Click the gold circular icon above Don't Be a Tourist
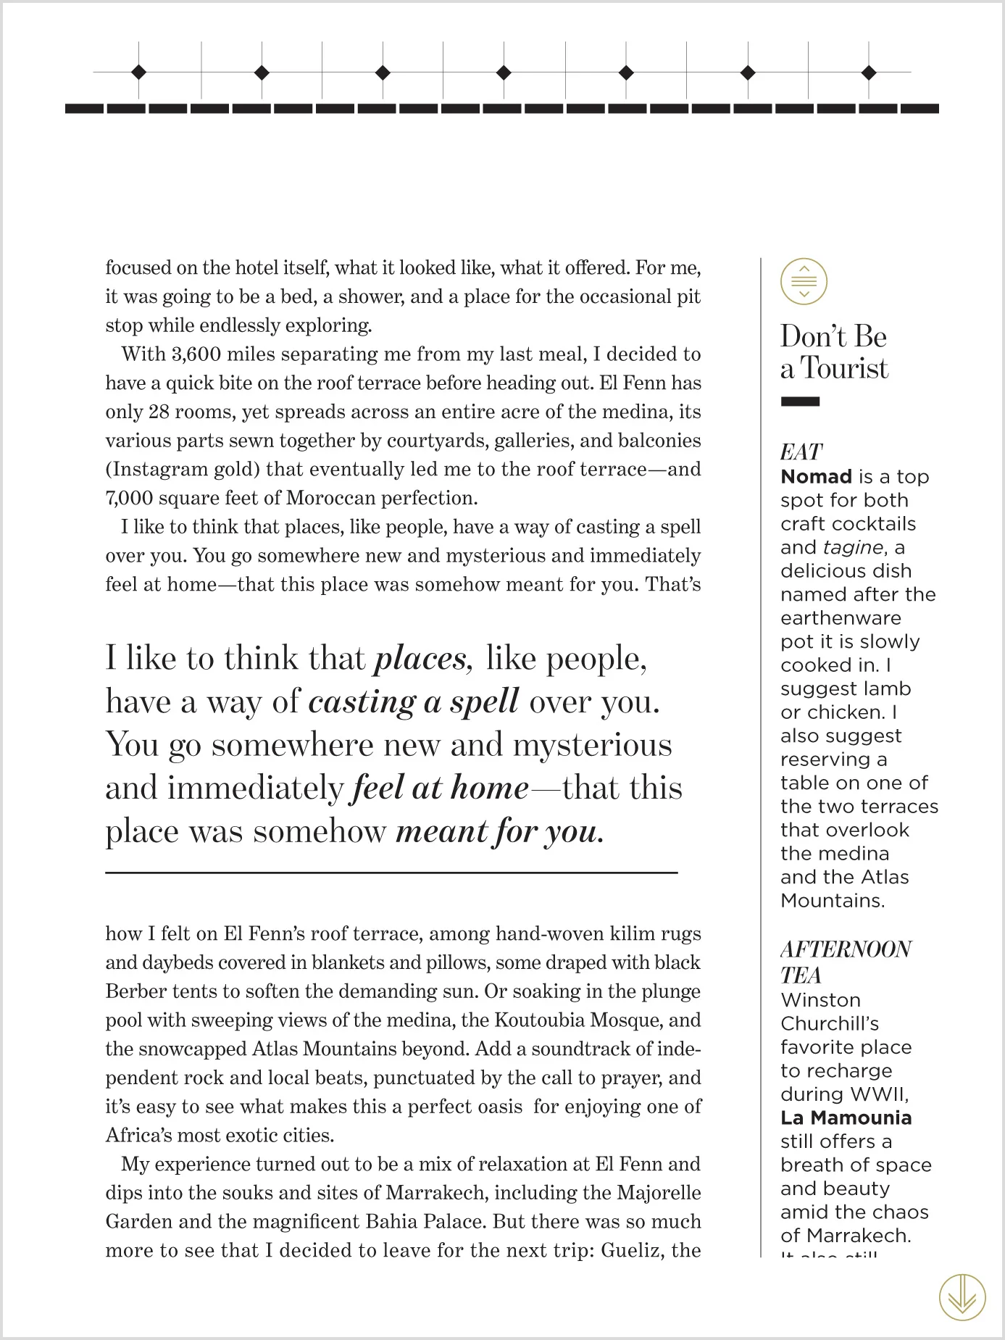pyautogui.click(x=804, y=281)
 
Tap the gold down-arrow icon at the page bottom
pyautogui.click(x=962, y=1297)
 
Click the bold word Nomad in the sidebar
pyautogui.click(x=816, y=477)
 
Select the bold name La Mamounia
pyautogui.click(x=846, y=1118)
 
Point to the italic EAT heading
pyautogui.click(x=801, y=452)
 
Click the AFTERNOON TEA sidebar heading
pyautogui.click(x=845, y=961)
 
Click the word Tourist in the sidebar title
pyautogui.click(x=844, y=369)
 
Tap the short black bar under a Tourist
pyautogui.click(x=800, y=401)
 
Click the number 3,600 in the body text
pyautogui.click(x=196, y=354)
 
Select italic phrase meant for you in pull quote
pyautogui.click(x=499, y=831)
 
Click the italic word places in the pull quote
pyautogui.click(x=423, y=658)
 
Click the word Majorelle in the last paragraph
pyautogui.click(x=659, y=1193)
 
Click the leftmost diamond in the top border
pyautogui.click(x=138, y=72)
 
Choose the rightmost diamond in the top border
pyautogui.click(x=870, y=72)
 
